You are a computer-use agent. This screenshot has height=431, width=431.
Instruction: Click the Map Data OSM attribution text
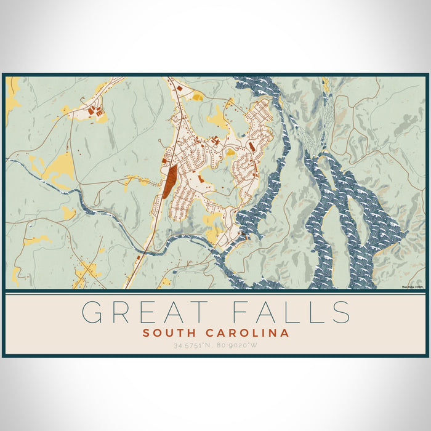412,286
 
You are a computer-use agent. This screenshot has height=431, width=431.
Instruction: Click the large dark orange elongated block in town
168,180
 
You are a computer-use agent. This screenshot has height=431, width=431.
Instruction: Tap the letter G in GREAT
92,312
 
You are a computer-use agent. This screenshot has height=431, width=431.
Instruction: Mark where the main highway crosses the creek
144,249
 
